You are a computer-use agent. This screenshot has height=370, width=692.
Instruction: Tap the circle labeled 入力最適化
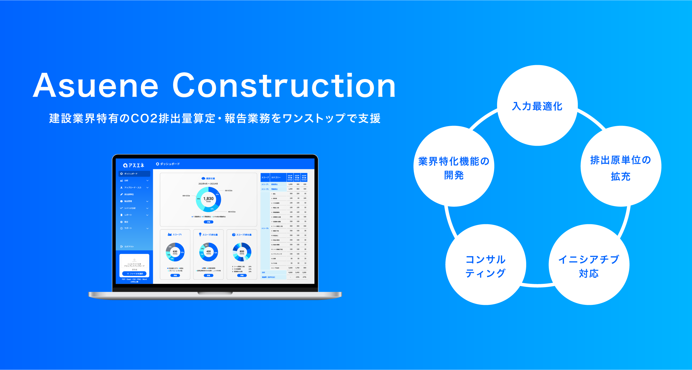point(537,106)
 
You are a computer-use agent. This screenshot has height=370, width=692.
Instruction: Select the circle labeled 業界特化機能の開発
point(454,167)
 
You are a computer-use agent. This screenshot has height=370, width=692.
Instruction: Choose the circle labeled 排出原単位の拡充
point(621,167)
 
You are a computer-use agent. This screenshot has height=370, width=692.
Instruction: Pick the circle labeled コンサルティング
point(486,265)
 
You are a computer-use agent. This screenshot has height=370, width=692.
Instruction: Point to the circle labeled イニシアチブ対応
point(589,265)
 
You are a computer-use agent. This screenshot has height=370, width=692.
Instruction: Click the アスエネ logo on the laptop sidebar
point(134,165)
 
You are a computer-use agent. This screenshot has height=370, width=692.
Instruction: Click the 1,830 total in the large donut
point(208,199)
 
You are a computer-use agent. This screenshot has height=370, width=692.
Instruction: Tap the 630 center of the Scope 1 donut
point(175,252)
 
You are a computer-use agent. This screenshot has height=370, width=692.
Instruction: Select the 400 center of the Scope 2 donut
point(208,252)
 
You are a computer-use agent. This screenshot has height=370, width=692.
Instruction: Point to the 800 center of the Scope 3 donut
point(242,252)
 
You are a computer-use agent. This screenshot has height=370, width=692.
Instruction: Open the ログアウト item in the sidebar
point(129,247)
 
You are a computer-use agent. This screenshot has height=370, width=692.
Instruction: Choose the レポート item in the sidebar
point(128,215)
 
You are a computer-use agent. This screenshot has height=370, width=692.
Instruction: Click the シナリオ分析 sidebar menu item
point(130,208)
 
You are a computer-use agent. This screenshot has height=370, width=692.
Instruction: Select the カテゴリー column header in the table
point(276,177)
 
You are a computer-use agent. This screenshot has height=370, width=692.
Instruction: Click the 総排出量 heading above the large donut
point(210,178)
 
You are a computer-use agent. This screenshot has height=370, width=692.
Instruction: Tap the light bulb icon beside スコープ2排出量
point(200,234)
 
